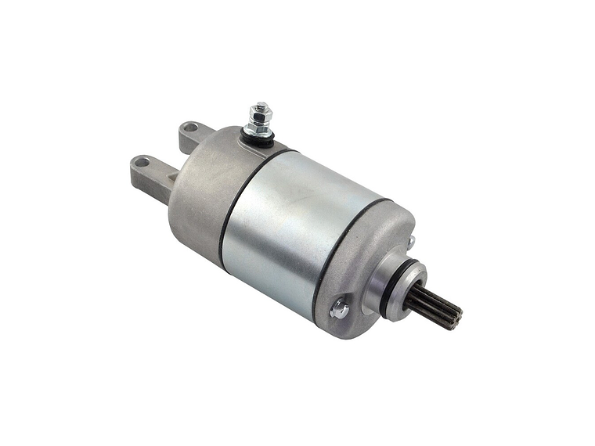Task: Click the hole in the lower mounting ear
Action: tap(142, 163)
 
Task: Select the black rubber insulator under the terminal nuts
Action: tap(259, 142)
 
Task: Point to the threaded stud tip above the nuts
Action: tap(258, 107)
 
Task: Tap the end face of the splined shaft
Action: tap(456, 315)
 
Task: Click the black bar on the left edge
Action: tap(37, 223)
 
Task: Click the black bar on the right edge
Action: tap(557, 223)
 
